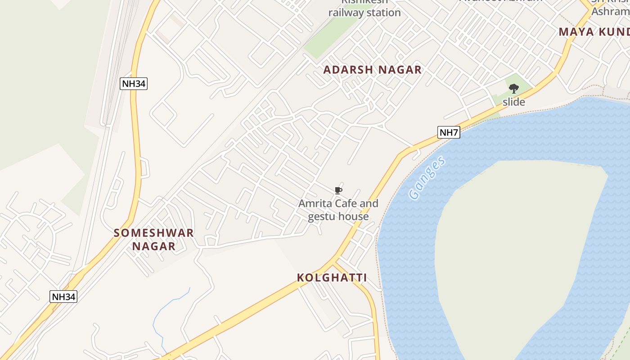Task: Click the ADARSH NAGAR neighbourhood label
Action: [372, 70]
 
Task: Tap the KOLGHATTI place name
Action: [332, 278]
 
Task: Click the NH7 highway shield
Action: [449, 132]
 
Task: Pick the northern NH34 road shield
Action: [134, 83]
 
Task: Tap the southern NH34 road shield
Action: [63, 297]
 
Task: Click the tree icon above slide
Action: [513, 89]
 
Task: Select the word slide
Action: [513, 102]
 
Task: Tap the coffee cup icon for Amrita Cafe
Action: [338, 191]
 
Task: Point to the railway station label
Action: [364, 12]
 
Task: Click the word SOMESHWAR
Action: [153, 233]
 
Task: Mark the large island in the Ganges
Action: [517, 252]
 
